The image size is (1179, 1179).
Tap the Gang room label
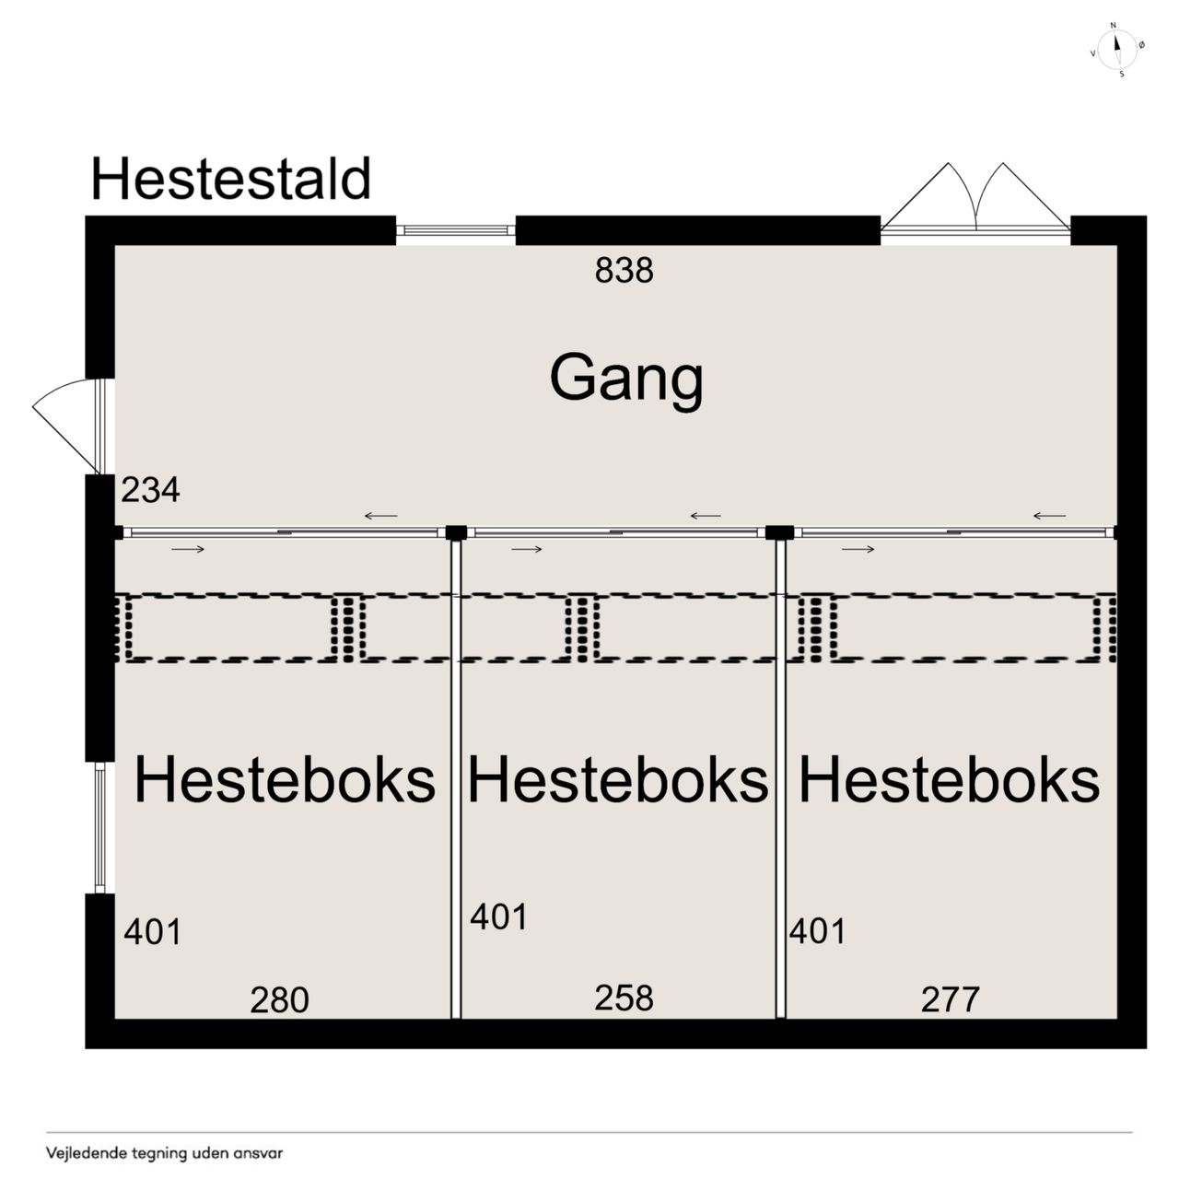[626, 379]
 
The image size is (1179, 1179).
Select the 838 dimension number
[625, 270]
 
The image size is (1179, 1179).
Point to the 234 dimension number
[150, 490]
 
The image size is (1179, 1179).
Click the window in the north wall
[456, 230]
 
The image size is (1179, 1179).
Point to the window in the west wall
[99, 828]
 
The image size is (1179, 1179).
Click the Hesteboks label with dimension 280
[285, 779]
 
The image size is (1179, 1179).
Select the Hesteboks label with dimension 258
[618, 779]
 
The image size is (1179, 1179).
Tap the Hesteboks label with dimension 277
[950, 779]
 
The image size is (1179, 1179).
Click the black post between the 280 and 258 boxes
[456, 533]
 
